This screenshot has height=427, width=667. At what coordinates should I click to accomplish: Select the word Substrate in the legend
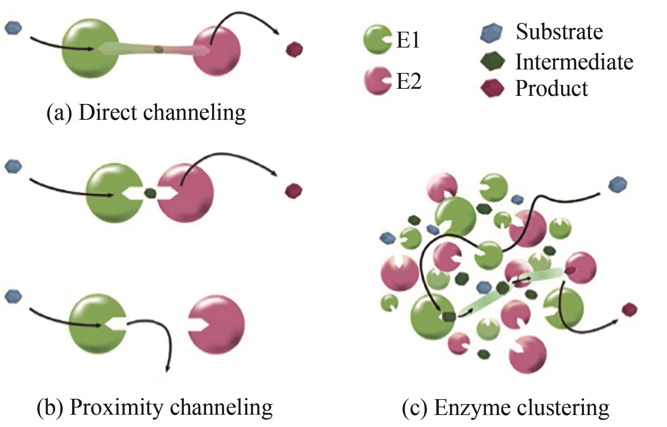pos(559,32)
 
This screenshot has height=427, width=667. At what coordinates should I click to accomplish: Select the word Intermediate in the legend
pos(574,62)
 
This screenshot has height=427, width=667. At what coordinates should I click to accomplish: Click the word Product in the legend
pos(552,88)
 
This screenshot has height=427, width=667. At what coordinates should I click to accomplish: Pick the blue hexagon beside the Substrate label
pos(491,33)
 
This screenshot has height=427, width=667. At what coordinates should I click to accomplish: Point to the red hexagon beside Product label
pos(492,88)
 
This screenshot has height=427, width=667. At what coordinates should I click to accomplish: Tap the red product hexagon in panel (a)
pos(294,49)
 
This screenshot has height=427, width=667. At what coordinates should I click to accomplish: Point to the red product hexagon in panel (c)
pos(629,310)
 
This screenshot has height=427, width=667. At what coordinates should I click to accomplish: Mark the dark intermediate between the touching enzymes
pos(151,193)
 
